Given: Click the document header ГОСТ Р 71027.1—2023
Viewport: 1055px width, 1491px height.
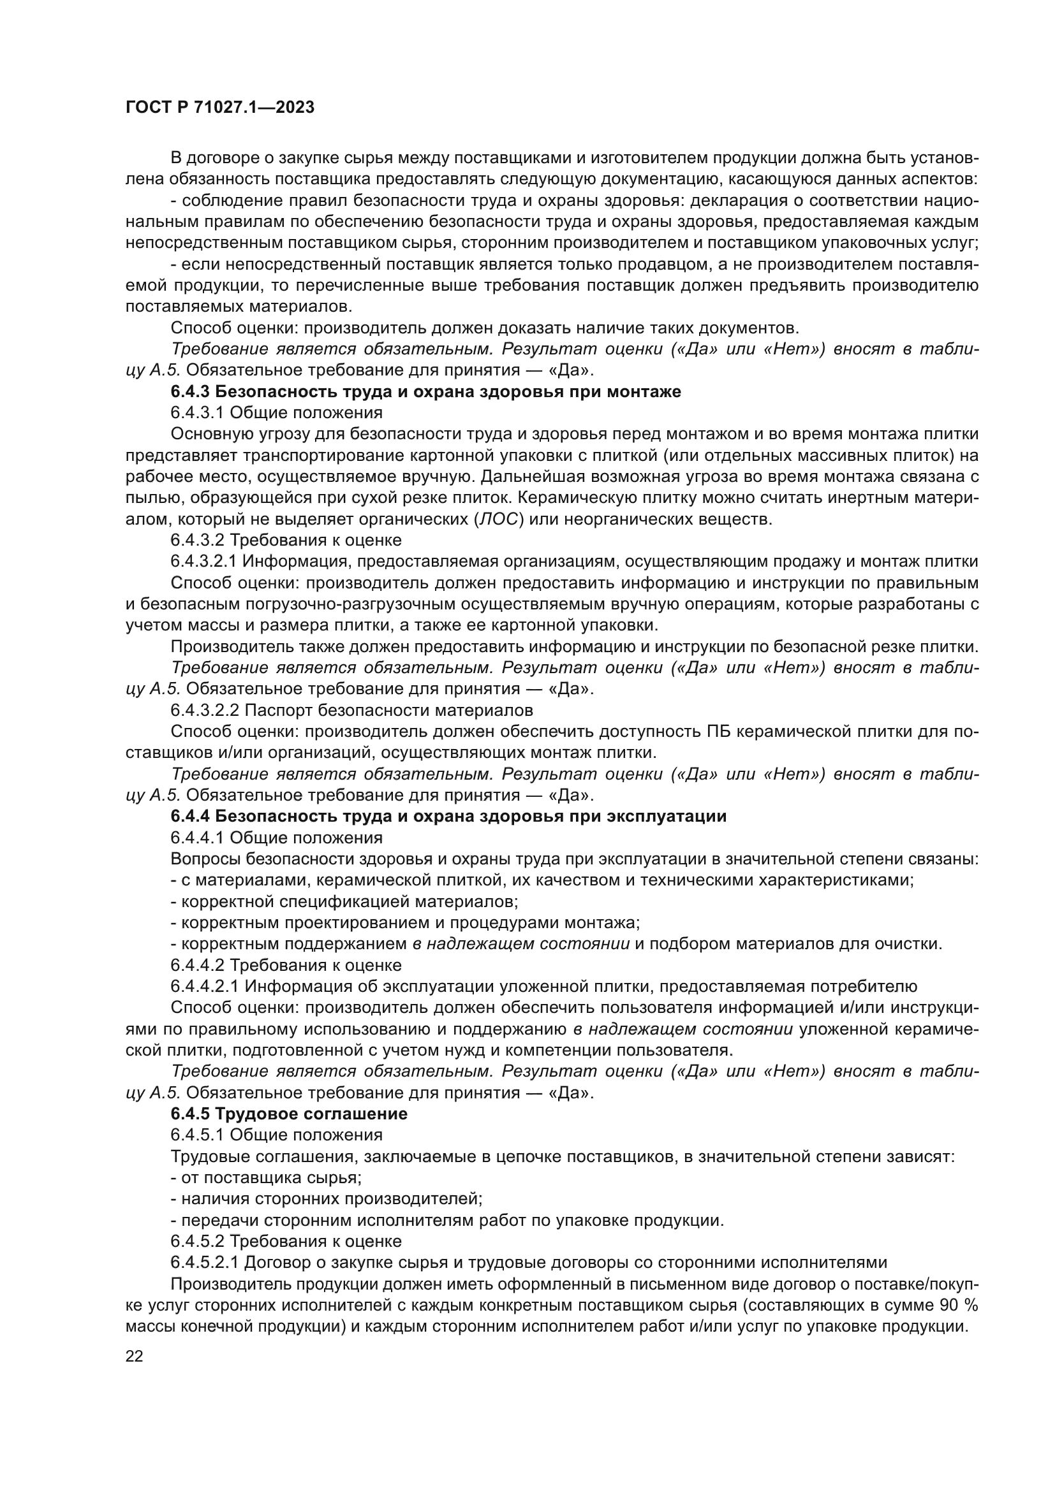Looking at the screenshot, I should (x=219, y=108).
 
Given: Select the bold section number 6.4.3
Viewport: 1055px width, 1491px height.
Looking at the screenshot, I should (x=189, y=391).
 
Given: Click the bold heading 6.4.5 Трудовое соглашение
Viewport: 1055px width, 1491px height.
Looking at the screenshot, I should (x=289, y=1114).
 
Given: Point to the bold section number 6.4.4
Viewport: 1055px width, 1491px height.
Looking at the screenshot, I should (x=189, y=817).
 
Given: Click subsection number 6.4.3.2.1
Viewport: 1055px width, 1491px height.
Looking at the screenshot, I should (x=205, y=562).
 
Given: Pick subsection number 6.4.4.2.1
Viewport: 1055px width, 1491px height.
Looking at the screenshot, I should (x=205, y=986).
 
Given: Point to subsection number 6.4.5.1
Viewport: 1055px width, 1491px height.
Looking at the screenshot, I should (x=197, y=1135).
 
